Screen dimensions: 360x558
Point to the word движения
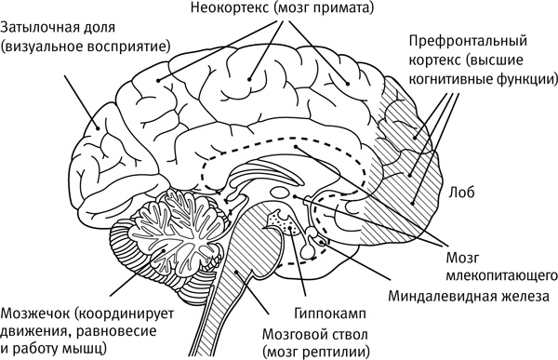33,331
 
